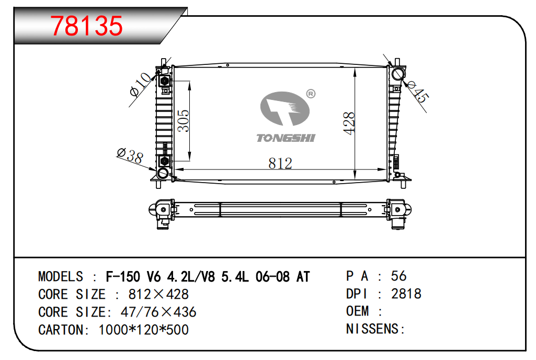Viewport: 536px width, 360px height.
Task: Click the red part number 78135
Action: [87, 26]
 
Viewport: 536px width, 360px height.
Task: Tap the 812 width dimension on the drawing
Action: [280, 163]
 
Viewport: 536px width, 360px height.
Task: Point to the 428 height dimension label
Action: [349, 123]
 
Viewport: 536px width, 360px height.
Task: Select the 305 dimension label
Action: [183, 121]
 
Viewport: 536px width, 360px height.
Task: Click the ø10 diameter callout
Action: [141, 84]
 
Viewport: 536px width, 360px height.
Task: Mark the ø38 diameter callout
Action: [130, 156]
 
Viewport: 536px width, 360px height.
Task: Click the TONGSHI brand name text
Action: [286, 138]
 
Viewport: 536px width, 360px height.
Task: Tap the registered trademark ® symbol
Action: [311, 94]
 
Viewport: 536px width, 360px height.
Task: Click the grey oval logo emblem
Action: [285, 108]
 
